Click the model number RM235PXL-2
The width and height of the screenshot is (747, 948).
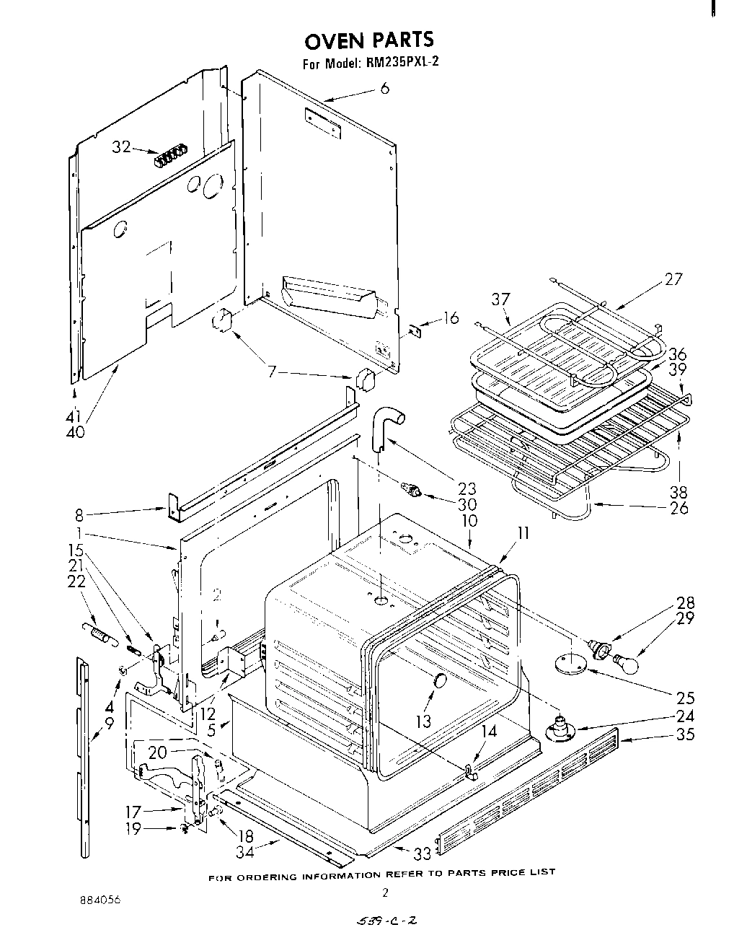[399, 63]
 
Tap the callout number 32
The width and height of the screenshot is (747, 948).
[121, 147]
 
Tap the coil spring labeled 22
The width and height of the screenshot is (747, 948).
[99, 633]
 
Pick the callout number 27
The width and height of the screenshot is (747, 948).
[672, 278]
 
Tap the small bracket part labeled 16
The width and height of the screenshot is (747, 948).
[415, 330]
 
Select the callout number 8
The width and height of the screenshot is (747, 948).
[79, 515]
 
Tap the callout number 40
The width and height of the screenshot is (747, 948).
[74, 431]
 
